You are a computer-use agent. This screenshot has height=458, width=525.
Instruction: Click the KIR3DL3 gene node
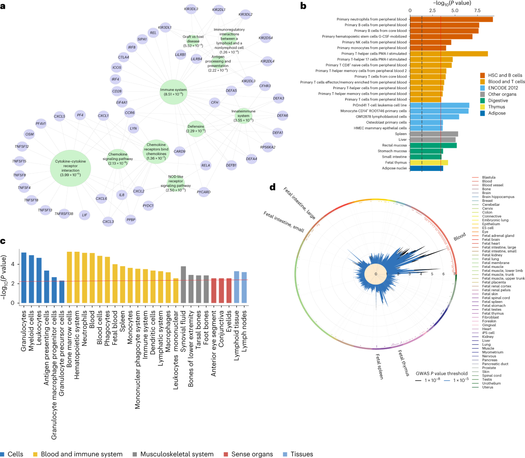tap(191, 9)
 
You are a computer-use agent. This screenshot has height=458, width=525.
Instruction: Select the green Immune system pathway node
tap(174, 92)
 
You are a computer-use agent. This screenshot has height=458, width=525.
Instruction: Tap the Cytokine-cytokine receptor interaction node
tap(70, 168)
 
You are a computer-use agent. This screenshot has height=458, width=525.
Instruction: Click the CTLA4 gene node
tap(123, 57)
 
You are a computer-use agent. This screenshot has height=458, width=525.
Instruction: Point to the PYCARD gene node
tap(203, 192)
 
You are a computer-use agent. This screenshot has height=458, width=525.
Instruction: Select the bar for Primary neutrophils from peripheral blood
tap(451, 19)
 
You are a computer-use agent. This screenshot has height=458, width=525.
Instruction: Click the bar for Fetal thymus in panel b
tap(429, 163)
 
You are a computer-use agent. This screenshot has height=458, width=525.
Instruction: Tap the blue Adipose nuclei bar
tap(426, 168)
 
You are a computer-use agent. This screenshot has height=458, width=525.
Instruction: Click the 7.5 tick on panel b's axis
tap(477, 10)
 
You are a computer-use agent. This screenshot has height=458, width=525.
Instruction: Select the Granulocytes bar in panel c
tap(24, 278)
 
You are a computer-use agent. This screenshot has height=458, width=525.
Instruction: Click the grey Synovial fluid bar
tap(183, 284)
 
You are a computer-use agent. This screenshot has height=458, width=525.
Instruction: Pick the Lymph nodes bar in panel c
tap(244, 287)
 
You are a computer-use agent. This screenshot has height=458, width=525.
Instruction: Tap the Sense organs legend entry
tap(252, 454)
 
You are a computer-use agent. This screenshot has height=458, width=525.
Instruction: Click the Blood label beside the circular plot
tap(459, 237)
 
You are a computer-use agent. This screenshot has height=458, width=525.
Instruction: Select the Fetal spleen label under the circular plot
tap(379, 367)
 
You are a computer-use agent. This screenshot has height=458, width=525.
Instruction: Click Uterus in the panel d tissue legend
tap(487, 387)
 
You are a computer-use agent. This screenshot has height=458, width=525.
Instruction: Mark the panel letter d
tap(273, 187)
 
